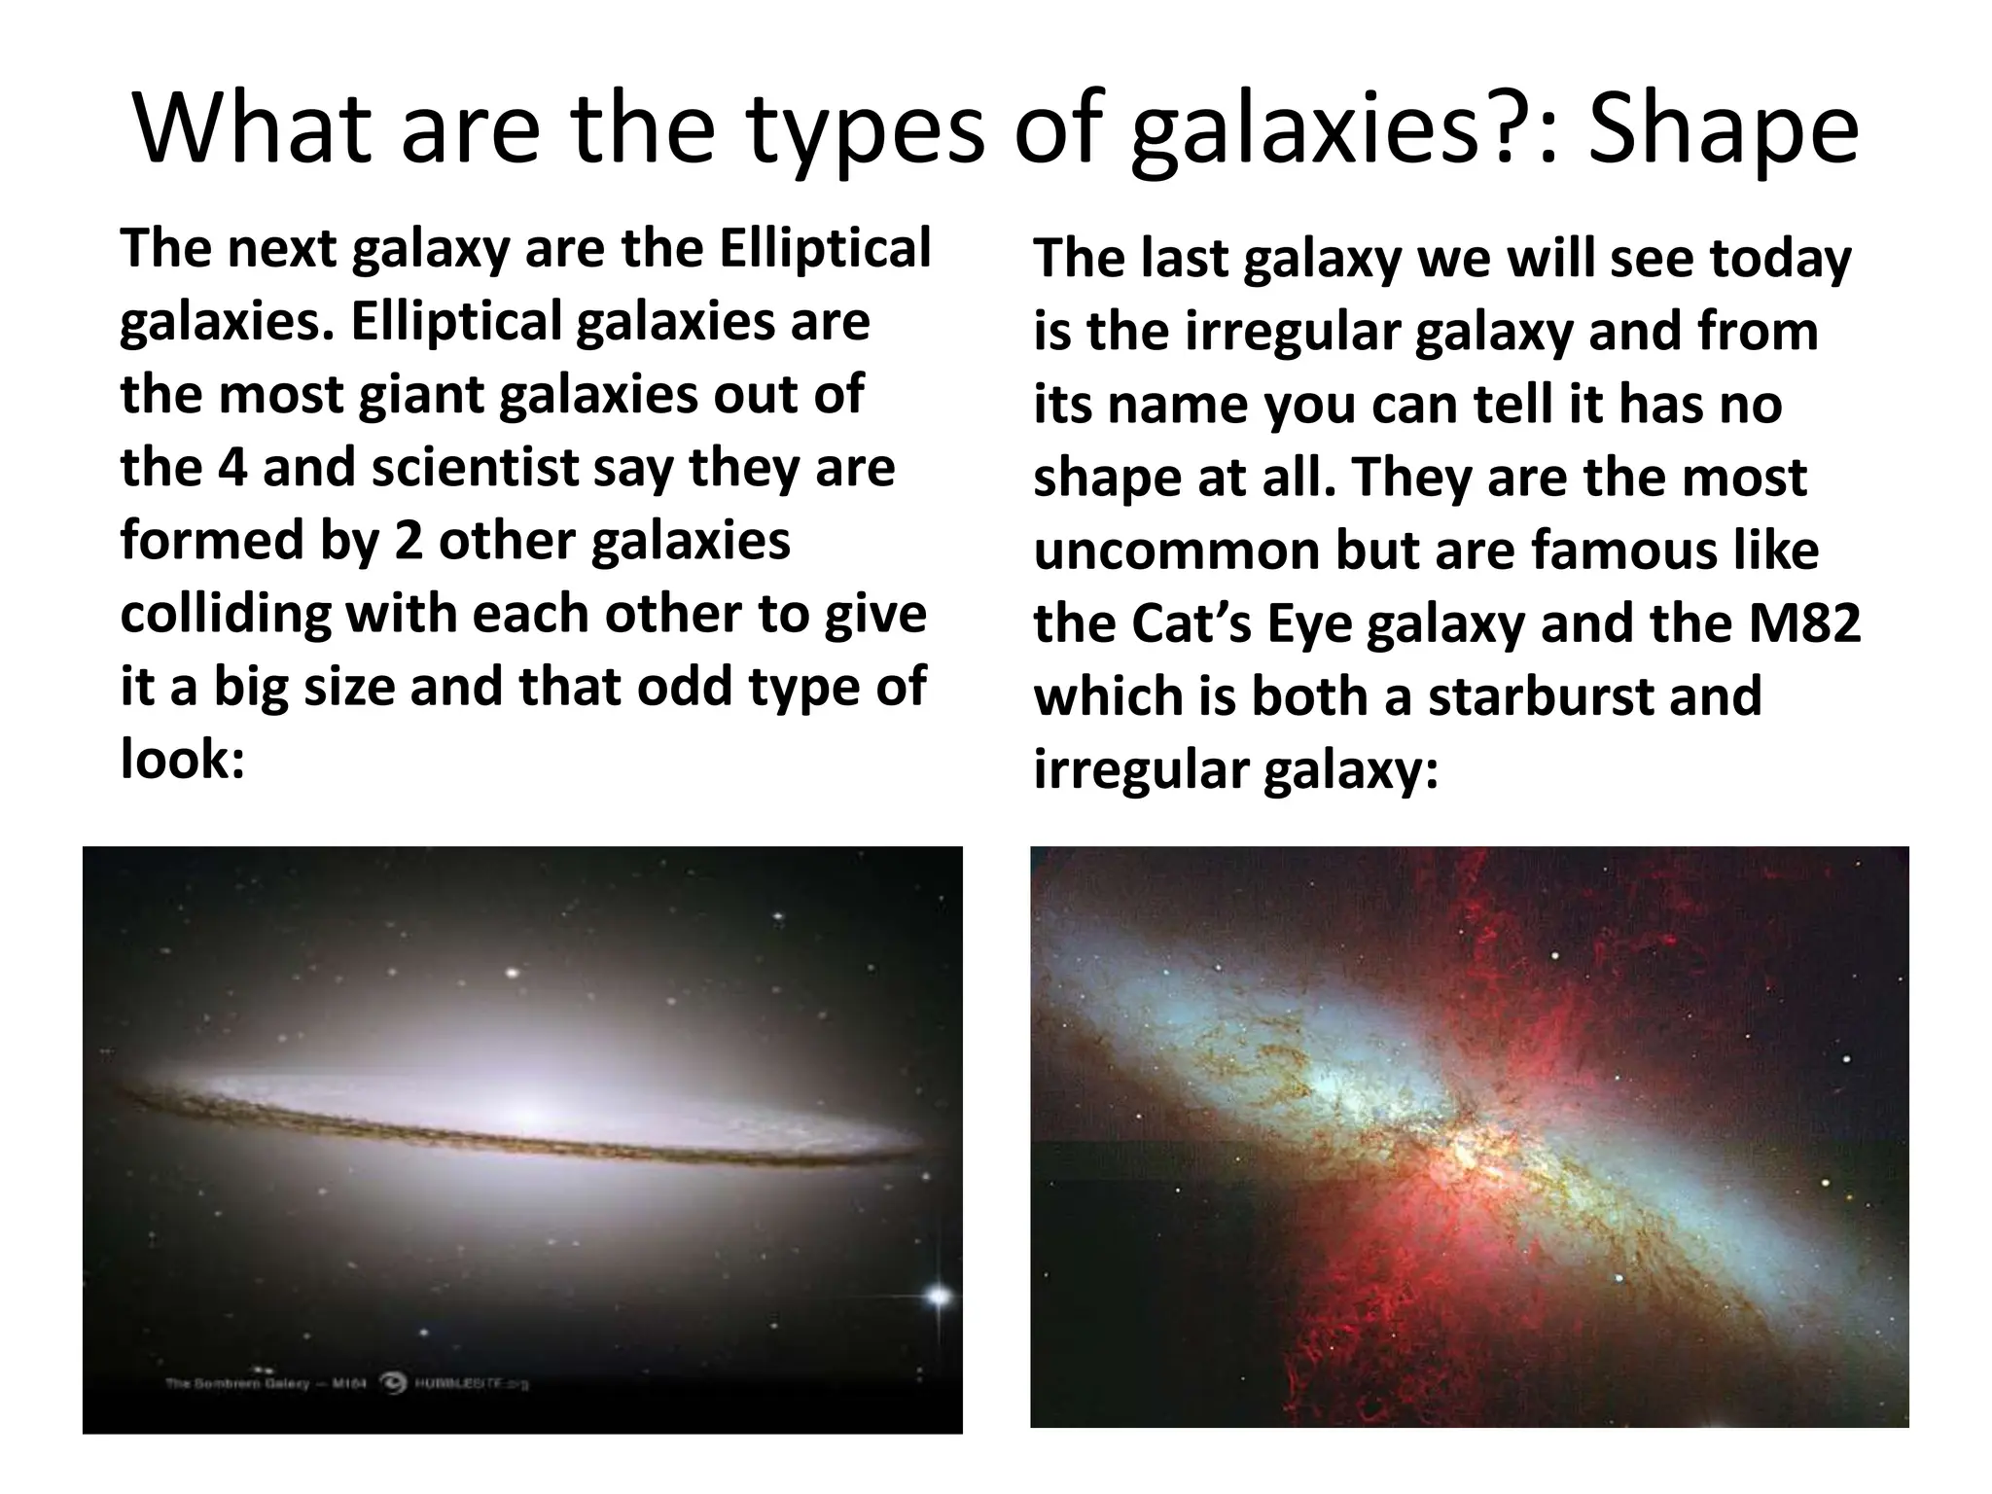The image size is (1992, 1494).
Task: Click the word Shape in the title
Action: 1723,131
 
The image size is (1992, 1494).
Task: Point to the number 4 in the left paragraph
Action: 232,468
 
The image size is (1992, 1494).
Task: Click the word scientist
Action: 475,468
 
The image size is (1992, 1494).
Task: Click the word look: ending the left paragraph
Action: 182,760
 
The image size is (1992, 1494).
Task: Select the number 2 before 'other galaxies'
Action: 408,541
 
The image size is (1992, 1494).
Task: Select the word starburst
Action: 1540,696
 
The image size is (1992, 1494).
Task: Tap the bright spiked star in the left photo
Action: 939,1295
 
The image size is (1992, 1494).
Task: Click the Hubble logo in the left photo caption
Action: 394,1382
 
